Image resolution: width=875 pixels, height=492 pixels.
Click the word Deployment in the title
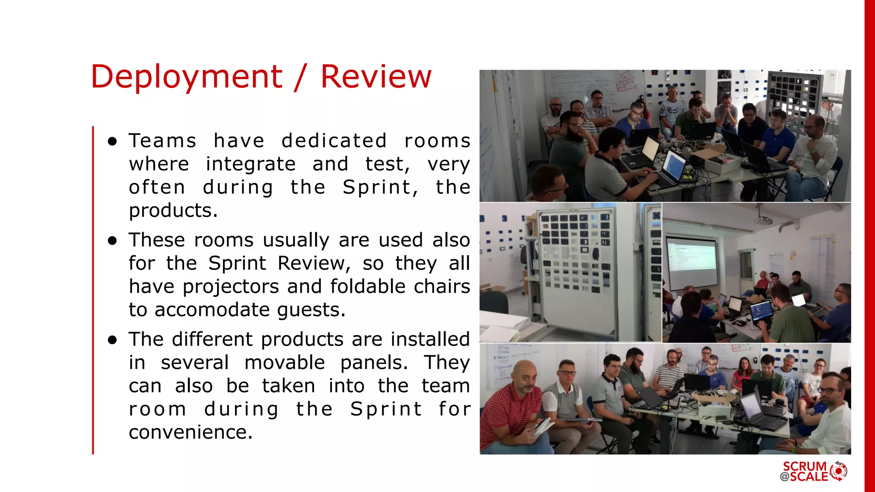[x=187, y=77]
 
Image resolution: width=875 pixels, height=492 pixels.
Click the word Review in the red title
[x=376, y=77]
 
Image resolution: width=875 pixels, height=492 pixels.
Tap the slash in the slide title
[x=301, y=77]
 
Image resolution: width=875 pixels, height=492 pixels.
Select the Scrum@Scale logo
[x=813, y=471]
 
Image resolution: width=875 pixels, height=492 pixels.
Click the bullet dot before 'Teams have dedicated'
[x=112, y=142]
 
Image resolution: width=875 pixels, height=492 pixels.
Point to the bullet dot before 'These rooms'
[x=112, y=241]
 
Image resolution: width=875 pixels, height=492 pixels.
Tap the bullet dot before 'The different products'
[x=112, y=340]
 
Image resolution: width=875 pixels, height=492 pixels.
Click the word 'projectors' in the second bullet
[x=231, y=287]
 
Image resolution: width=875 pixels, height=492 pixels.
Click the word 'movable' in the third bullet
[x=285, y=363]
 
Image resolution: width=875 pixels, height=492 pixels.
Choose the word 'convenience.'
[x=191, y=432]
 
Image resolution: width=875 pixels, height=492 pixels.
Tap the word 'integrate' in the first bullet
[x=251, y=164]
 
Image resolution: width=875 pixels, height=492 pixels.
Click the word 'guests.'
[x=311, y=310]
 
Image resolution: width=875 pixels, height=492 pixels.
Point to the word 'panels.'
[x=374, y=363]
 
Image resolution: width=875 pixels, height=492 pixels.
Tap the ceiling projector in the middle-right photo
[x=764, y=220]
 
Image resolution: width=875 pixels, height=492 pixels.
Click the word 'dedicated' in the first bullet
[x=334, y=141]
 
